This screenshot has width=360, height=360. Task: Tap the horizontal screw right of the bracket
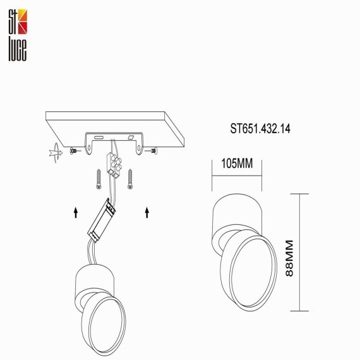point(152,151)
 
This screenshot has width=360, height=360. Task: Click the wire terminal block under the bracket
point(114,165)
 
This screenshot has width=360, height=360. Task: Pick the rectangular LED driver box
point(102,220)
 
